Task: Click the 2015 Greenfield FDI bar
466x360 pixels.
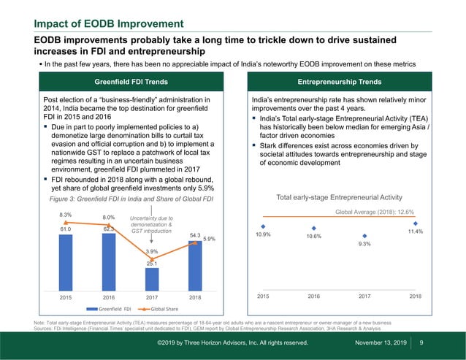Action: point(66,261)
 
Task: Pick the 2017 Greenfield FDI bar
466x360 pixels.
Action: point(152,278)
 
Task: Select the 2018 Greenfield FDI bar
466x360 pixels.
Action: point(195,264)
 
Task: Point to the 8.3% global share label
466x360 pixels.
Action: point(66,215)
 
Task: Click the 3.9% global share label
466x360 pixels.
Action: point(152,252)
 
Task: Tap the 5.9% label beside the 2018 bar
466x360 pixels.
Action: point(210,239)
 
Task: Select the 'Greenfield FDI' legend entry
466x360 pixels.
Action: point(114,310)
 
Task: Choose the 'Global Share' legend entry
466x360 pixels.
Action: point(166,310)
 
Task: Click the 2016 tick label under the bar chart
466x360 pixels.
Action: point(109,297)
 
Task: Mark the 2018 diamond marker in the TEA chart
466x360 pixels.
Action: point(415,223)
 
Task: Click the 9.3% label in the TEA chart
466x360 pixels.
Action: point(364,245)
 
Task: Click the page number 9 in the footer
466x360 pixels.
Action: point(422,342)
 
